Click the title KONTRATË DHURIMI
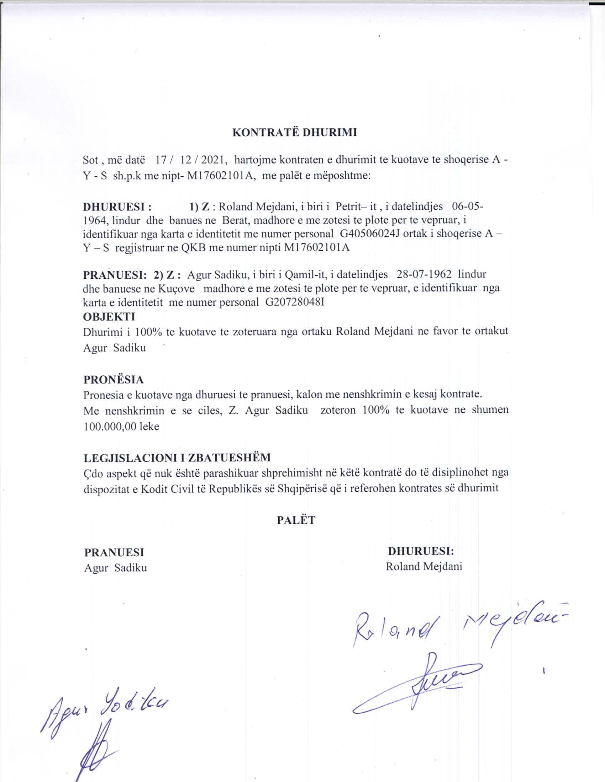coord(295,133)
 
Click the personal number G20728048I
coord(295,302)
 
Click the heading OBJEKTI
coord(109,317)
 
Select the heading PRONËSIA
coord(114,379)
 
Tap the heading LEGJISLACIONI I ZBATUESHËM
coord(177,457)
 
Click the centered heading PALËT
coord(296,520)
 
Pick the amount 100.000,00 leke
coord(121,427)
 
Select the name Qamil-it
coord(304,275)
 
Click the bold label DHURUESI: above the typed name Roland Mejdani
coord(421,551)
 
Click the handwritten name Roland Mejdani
coord(455,627)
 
